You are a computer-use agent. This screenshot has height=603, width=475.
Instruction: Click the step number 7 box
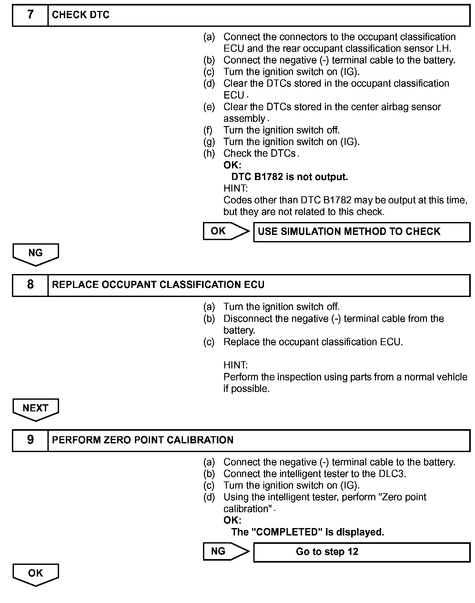pyautogui.click(x=30, y=15)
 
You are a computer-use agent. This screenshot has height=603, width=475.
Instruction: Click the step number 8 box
pyautogui.click(x=30, y=285)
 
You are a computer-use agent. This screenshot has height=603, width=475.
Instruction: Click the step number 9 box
pyautogui.click(x=30, y=440)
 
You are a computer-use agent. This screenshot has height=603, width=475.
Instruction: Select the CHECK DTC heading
pyautogui.click(x=81, y=15)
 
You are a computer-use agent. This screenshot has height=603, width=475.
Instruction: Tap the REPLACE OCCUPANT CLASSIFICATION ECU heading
pyautogui.click(x=158, y=285)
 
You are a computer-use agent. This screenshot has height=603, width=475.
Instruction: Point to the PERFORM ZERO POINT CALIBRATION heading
pyautogui.click(x=143, y=440)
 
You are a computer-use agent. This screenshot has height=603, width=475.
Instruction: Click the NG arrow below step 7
pyautogui.click(x=35, y=254)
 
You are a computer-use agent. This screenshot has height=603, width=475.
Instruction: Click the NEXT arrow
pyautogui.click(x=35, y=409)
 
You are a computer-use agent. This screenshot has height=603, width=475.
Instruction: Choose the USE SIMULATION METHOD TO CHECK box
pyautogui.click(x=361, y=232)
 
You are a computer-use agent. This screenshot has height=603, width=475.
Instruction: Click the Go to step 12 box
pyautogui.click(x=361, y=552)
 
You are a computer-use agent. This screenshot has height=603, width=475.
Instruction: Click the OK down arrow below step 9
pyautogui.click(x=35, y=574)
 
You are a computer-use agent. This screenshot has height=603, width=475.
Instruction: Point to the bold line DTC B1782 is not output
pyautogui.click(x=289, y=177)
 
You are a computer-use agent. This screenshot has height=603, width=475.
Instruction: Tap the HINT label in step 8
pyautogui.click(x=236, y=365)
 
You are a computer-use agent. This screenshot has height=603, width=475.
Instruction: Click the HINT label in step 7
pyautogui.click(x=236, y=188)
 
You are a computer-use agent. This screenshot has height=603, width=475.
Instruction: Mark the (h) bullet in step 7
pyautogui.click(x=209, y=153)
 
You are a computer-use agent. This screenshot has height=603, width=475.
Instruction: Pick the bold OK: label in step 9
pyautogui.click(x=232, y=520)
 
